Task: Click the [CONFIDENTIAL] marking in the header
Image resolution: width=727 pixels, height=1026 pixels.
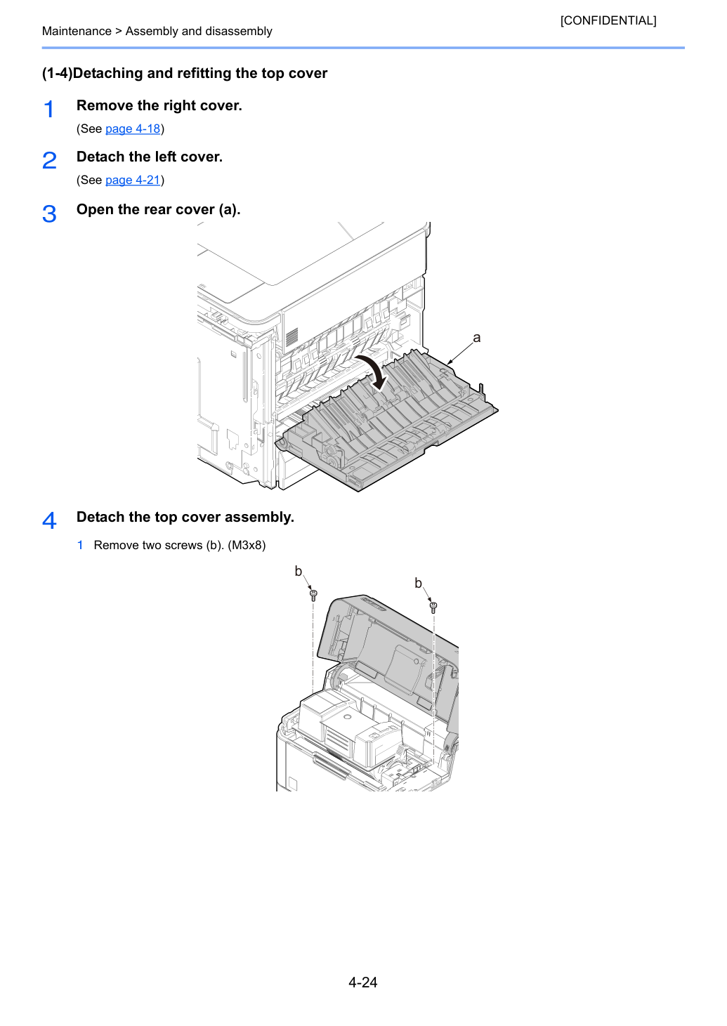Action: tap(608, 20)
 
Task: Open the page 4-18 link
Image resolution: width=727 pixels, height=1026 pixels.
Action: tap(132, 129)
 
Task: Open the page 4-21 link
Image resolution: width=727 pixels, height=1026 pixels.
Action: tap(132, 180)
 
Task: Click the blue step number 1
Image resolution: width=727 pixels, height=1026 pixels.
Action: tap(48, 109)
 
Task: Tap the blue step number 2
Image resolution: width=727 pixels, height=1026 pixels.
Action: tap(49, 160)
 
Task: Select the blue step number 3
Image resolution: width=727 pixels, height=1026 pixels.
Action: tap(49, 213)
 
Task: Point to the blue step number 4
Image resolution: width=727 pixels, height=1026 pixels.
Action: tap(49, 520)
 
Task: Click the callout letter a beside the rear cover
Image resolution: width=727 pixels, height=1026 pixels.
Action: tap(476, 338)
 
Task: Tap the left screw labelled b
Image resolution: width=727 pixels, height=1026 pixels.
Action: tap(313, 596)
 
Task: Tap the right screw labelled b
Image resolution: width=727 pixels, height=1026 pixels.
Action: tap(433, 607)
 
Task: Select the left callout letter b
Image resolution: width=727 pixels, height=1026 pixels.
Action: tap(299, 571)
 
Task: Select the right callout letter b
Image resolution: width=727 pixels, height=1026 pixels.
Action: tap(418, 583)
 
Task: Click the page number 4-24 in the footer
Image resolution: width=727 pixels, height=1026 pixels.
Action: tap(363, 982)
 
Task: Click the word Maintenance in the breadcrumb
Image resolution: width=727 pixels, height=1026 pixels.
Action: tap(77, 31)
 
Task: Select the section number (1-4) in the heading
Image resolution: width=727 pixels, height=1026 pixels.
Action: tap(58, 73)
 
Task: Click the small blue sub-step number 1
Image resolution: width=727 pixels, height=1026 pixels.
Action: tap(80, 545)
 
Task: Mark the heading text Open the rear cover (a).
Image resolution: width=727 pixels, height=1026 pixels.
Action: tap(158, 209)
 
